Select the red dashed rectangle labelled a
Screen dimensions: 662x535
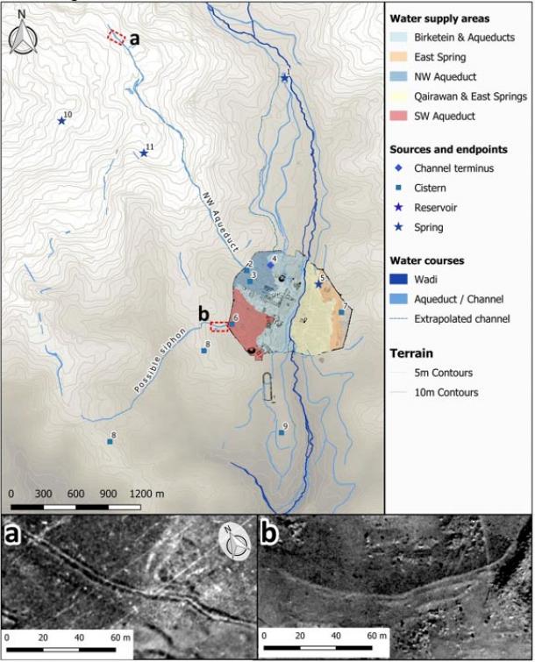[x=115, y=36]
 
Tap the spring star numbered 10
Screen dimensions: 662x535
[x=61, y=120]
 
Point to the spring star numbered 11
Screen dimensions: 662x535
[x=144, y=153]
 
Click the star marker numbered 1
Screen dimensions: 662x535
[x=284, y=78]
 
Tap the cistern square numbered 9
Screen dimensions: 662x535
[x=281, y=432]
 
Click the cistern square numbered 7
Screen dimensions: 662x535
[x=341, y=312]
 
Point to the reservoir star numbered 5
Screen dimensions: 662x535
[x=318, y=284]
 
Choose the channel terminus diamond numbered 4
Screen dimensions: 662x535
[x=271, y=265]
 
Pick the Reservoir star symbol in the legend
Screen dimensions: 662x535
[x=399, y=208]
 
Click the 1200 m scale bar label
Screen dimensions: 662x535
[x=147, y=493]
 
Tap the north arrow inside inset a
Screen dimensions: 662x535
[x=232, y=538]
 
